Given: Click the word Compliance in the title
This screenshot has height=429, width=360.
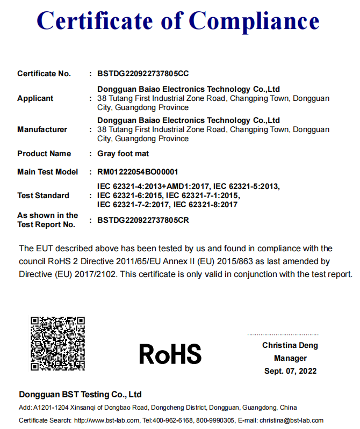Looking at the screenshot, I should coord(254,21).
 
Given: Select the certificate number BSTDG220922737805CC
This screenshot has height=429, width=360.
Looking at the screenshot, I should coord(143,74).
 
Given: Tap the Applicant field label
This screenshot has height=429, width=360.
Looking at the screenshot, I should coord(35,98).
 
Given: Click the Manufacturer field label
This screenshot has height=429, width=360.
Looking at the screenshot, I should coord(42,129).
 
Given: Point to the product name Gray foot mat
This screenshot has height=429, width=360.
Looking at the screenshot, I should coord(121,154).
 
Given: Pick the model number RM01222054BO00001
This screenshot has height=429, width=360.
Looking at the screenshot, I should coord(138,172).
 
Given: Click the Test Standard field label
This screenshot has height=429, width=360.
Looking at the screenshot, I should coord(44,195).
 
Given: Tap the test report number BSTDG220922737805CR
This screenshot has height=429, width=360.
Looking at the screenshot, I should coord(143,220).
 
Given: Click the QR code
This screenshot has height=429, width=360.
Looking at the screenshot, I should coord(57,344).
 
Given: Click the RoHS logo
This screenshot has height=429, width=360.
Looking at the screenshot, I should coord(170,354).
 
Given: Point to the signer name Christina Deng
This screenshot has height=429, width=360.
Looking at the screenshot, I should coord(290,345).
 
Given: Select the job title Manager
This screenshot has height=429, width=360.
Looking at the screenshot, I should coord(290,358).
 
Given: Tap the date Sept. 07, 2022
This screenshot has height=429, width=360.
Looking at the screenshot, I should coord(290,371).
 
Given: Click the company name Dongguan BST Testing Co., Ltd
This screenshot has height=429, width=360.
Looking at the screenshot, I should coord(80,395).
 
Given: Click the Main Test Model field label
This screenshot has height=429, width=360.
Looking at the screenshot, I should coord(48,172).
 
